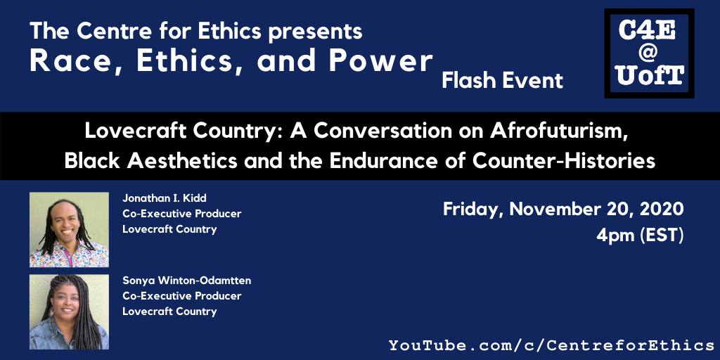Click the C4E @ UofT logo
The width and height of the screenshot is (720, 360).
click(649, 53)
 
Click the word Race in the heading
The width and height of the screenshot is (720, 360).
click(75, 62)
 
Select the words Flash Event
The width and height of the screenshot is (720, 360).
click(502, 81)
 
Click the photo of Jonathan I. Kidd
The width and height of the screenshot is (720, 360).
click(69, 230)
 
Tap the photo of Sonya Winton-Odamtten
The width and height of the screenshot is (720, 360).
click(69, 311)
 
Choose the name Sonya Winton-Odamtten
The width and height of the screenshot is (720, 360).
click(186, 281)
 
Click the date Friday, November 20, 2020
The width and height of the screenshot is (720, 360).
click(563, 210)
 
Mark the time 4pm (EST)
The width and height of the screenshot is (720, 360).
click(640, 236)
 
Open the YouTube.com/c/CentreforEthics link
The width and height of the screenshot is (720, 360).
click(551, 345)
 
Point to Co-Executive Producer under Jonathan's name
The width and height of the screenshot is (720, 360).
click(182, 214)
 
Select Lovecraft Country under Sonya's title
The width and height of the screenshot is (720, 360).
click(169, 311)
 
